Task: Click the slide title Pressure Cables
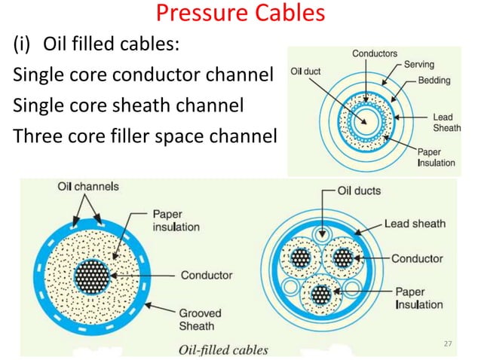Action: point(240,14)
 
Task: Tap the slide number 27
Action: point(447,343)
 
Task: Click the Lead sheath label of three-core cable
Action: point(415,223)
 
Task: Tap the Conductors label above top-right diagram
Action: point(375,53)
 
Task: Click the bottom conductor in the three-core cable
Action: point(322,292)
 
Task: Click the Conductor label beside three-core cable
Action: point(417,258)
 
